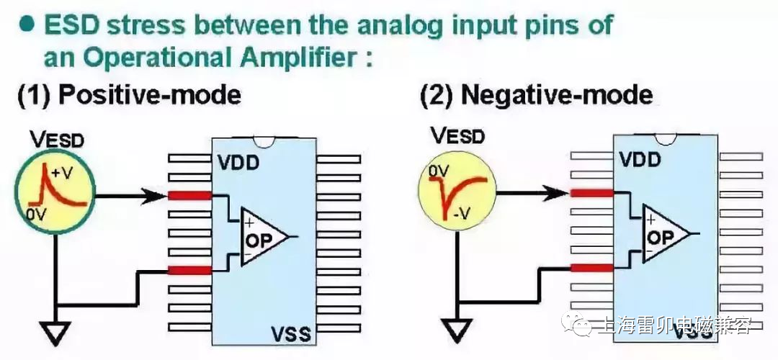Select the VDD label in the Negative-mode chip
[x=640, y=159]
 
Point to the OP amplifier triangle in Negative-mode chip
[x=665, y=234]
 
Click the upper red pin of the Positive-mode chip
[x=190, y=194]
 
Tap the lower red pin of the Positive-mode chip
[x=190, y=270]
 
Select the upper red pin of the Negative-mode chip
[x=591, y=192]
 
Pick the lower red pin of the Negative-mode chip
[x=591, y=268]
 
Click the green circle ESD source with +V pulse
[x=54, y=191]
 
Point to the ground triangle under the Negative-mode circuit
[x=455, y=330]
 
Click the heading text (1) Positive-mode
[x=130, y=96]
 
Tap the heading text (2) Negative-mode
[x=536, y=95]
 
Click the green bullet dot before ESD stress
[x=27, y=24]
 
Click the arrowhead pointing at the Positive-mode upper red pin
[x=160, y=194]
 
